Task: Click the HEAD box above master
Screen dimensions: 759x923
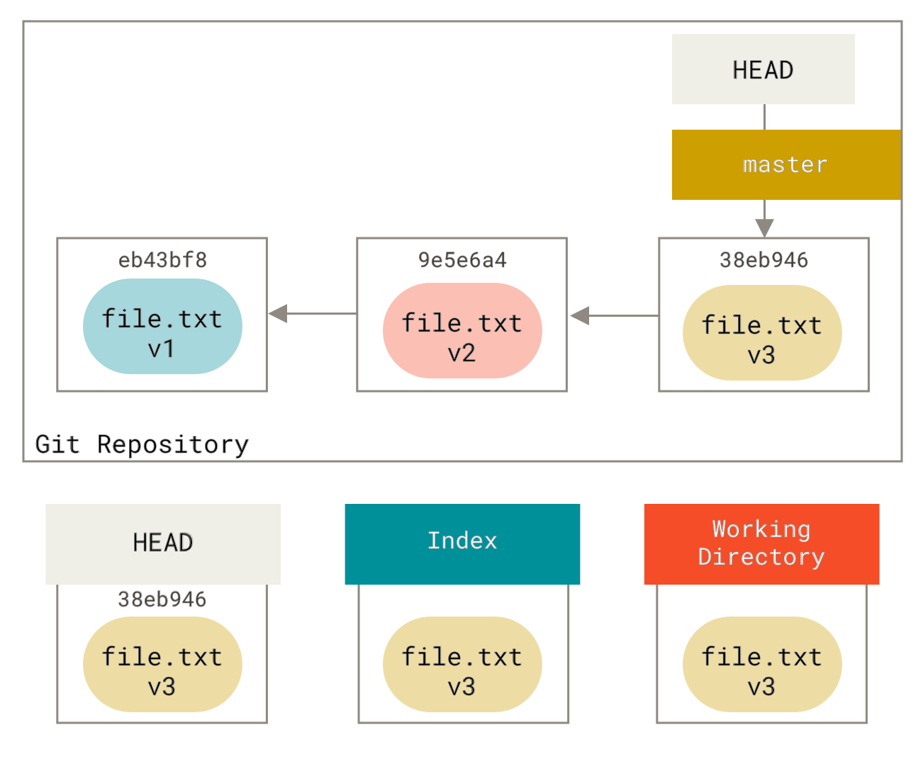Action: coord(763,69)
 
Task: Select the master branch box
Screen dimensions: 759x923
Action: coord(785,164)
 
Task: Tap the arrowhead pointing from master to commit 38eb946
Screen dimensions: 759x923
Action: coord(764,227)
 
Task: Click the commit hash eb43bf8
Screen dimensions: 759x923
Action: coord(162,260)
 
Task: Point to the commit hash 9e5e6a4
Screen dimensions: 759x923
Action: coord(462,260)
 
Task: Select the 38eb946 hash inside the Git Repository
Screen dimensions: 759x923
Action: coord(763,260)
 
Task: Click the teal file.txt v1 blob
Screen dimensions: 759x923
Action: coord(162,326)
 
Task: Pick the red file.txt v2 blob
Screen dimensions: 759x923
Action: coord(462,330)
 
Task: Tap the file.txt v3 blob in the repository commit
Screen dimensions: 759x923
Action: coord(762,332)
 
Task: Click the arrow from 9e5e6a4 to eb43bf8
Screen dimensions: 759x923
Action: coord(312,313)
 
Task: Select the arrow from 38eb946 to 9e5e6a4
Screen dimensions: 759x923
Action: coord(613,315)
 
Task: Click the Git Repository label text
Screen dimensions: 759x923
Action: coord(142,444)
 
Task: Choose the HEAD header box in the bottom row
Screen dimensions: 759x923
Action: coord(163,544)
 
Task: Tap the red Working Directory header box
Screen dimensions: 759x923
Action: coord(761,544)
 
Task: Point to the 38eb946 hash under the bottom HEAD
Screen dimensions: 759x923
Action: coord(162,599)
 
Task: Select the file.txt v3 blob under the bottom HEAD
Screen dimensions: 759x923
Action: coord(162,664)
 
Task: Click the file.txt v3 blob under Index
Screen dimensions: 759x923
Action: coord(462,664)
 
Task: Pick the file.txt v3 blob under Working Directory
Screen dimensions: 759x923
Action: coord(762,664)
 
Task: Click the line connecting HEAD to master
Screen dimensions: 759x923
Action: coord(764,117)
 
